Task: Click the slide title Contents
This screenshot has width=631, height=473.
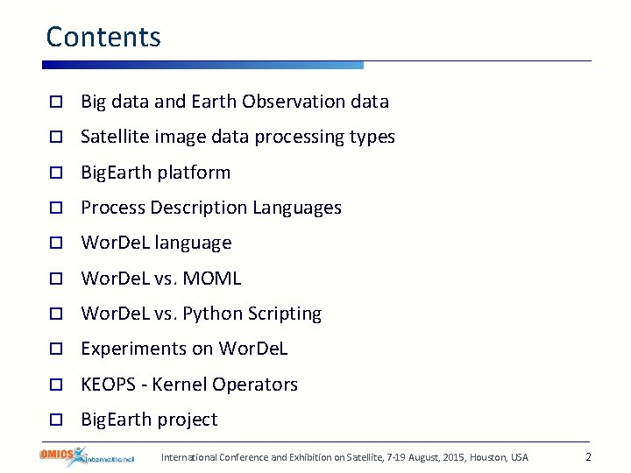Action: pos(103,37)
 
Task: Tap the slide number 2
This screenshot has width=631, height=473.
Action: pos(588,457)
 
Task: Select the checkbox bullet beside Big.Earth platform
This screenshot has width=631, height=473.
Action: pos(54,173)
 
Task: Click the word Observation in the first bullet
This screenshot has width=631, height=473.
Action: pos(294,102)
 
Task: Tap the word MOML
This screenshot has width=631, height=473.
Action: pos(211,279)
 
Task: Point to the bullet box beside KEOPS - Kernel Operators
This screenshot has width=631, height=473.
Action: pos(54,385)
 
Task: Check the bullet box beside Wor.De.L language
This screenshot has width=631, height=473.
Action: pos(54,244)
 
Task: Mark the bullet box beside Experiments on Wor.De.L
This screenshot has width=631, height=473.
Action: pos(54,349)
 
